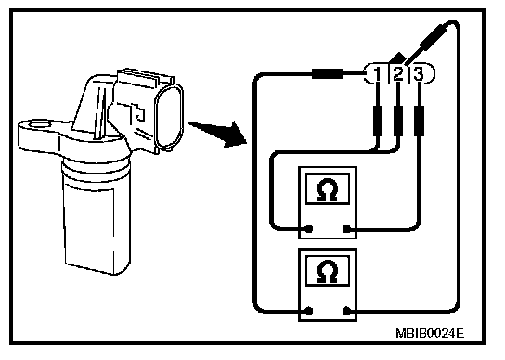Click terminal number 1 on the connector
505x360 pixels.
tap(378, 73)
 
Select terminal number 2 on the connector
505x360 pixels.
tap(398, 73)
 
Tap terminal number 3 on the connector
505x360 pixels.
tap(419, 73)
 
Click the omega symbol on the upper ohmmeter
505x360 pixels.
tap(327, 189)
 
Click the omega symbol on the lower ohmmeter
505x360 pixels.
tap(327, 271)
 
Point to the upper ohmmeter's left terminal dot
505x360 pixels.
tap(309, 229)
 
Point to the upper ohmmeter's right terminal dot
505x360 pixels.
tap(346, 229)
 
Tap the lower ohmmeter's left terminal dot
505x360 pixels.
tap(309, 311)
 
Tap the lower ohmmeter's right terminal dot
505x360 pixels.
tap(346, 311)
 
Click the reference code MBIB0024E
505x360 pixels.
tap(430, 333)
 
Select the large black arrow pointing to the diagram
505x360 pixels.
tap(219, 134)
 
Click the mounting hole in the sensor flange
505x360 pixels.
tap(39, 125)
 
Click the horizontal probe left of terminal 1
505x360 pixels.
tap(327, 73)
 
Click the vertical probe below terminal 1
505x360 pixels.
tap(378, 121)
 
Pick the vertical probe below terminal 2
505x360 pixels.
tap(398, 121)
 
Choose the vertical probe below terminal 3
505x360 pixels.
tap(419, 121)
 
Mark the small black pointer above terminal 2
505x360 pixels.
tap(397, 58)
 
